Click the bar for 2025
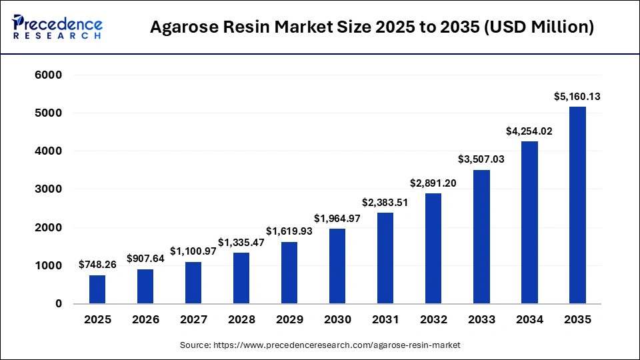tap(97, 289)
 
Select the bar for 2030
tap(337, 266)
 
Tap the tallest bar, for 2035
tap(577, 205)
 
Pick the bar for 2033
tap(481, 237)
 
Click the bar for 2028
tap(241, 278)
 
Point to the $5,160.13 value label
tap(577, 97)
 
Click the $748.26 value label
tap(97, 265)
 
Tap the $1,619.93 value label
tap(289, 231)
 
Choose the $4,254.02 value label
tap(529, 131)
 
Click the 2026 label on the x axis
tap(145, 320)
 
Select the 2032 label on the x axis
tap(433, 320)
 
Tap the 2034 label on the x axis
tap(529, 320)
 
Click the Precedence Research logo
tap(57, 27)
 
